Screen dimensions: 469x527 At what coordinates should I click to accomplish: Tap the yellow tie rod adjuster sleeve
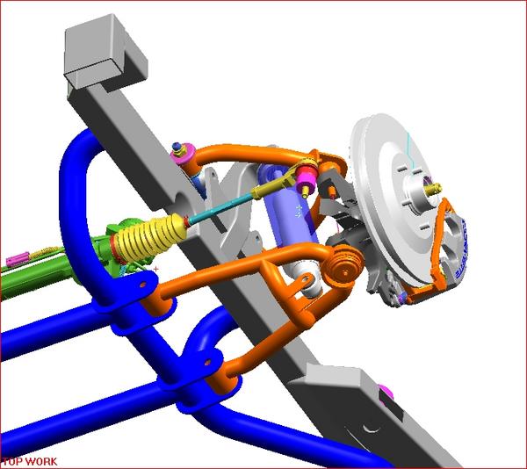[268, 185]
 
